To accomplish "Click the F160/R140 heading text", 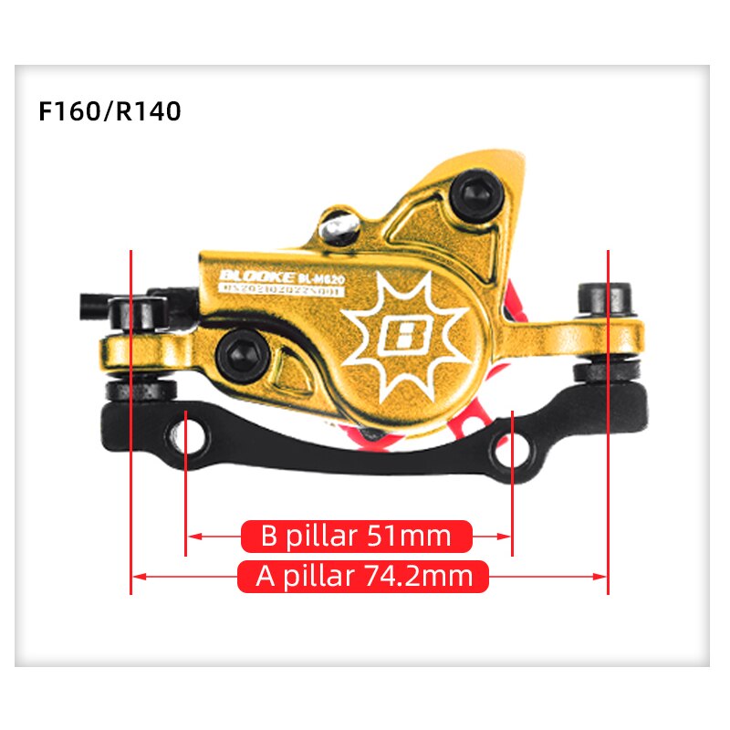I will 110,112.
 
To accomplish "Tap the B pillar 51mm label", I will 356,536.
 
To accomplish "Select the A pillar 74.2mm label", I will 363,577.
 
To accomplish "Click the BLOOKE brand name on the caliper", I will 257,276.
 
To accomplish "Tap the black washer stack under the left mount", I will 141,391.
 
